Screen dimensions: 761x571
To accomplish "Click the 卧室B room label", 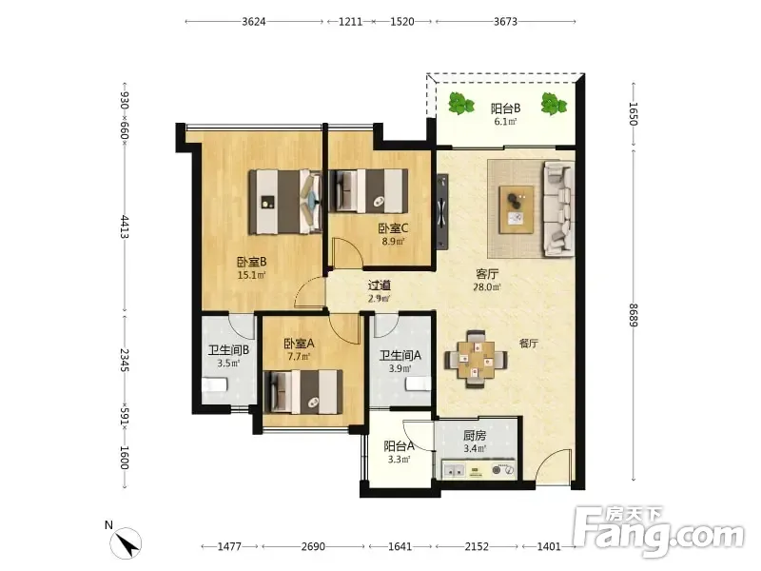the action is coord(251,263).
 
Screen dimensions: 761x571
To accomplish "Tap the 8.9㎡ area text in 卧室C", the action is coord(393,241).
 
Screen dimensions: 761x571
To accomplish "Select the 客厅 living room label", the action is coord(487,274).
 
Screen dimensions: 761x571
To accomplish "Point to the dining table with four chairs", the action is coord(476,360).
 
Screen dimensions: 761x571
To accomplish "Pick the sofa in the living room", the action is coord(558,208).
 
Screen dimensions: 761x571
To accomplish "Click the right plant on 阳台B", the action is coord(553,104).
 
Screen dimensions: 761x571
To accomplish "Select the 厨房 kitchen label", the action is coord(475,436).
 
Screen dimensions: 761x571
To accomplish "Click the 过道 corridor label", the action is coord(379,285).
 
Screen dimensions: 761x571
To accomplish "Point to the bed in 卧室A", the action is coord(302,392).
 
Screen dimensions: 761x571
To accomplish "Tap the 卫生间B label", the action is coord(228,350).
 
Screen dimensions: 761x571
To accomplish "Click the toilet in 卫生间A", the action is coord(419,384).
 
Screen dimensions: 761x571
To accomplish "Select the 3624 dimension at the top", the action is coord(254,21).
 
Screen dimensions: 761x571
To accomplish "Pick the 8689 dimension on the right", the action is coord(633,315).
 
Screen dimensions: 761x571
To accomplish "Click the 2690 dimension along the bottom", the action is coord(313,546).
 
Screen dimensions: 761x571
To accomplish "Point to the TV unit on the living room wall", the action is coord(441,211).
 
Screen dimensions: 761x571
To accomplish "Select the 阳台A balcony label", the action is coord(399,445).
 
